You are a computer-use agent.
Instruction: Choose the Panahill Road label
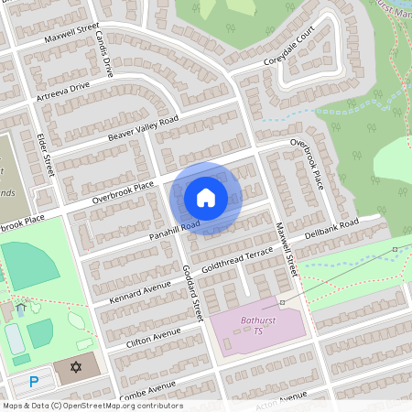pos(163,234)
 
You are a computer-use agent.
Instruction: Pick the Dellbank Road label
pos(328,225)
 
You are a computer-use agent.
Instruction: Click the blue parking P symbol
pos(35,381)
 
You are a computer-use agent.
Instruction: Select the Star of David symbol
pos(75,368)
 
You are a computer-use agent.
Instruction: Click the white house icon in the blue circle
pos(206,197)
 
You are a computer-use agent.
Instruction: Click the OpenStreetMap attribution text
pos(92,405)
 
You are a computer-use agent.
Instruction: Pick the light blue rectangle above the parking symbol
pos(15,339)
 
